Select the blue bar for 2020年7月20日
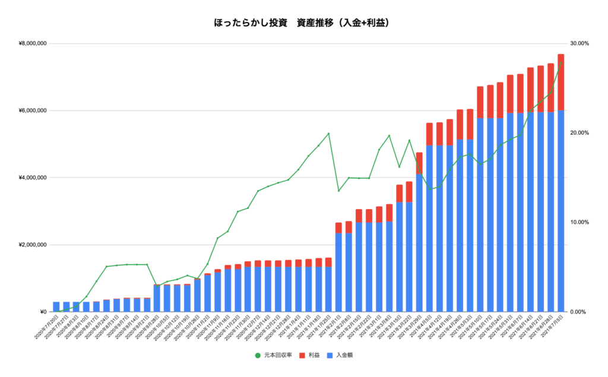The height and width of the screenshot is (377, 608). [56, 307]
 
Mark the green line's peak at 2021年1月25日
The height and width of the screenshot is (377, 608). [328, 133]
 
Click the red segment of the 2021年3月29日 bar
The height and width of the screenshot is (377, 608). [419, 163]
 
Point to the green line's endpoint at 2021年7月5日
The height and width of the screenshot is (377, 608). [560, 62]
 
